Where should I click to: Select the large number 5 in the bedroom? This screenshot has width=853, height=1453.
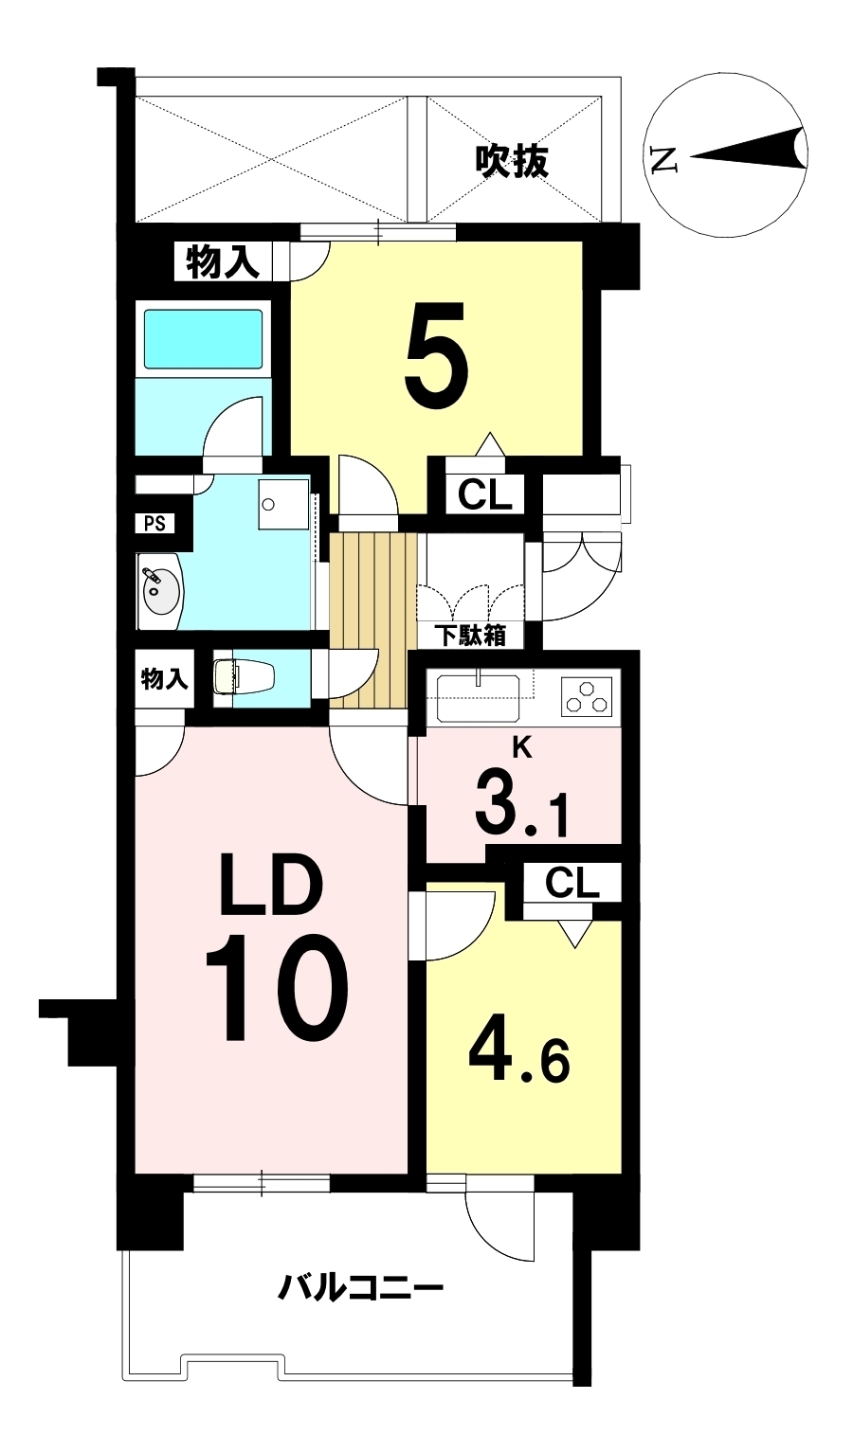point(436,354)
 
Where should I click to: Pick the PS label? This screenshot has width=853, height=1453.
point(154,524)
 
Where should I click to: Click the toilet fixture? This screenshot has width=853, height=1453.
point(244,677)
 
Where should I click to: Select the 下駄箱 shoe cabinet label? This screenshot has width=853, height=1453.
point(471,636)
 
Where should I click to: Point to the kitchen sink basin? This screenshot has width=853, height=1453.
point(479,697)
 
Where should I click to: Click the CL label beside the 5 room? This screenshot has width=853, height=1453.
point(485,495)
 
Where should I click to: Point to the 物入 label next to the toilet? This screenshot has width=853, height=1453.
point(165,679)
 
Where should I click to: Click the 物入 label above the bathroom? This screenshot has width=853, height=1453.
point(223,262)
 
